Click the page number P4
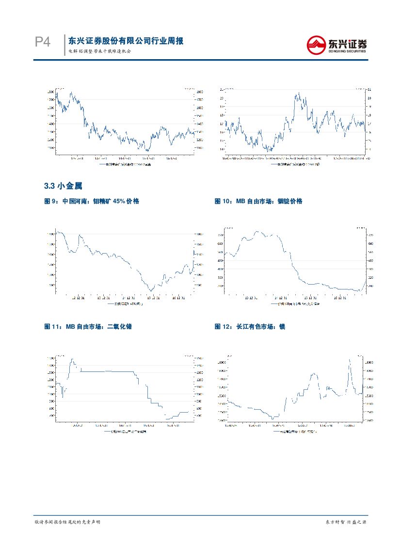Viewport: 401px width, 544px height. click(43, 43)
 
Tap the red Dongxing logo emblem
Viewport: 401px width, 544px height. click(317, 45)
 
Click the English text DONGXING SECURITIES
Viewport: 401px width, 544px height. click(347, 50)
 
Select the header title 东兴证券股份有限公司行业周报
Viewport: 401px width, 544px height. click(126, 41)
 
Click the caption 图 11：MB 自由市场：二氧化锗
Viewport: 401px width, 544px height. click(88, 327)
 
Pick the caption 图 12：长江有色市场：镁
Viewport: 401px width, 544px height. click(250, 327)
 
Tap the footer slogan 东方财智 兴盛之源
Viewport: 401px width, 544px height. click(345, 522)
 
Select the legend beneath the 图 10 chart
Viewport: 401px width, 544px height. click(296, 304)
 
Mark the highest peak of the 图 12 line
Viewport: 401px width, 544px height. click(350, 360)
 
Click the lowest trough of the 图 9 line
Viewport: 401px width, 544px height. click(151, 291)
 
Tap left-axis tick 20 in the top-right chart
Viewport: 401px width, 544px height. click(222, 98)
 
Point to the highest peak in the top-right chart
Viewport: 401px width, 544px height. click(299, 93)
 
